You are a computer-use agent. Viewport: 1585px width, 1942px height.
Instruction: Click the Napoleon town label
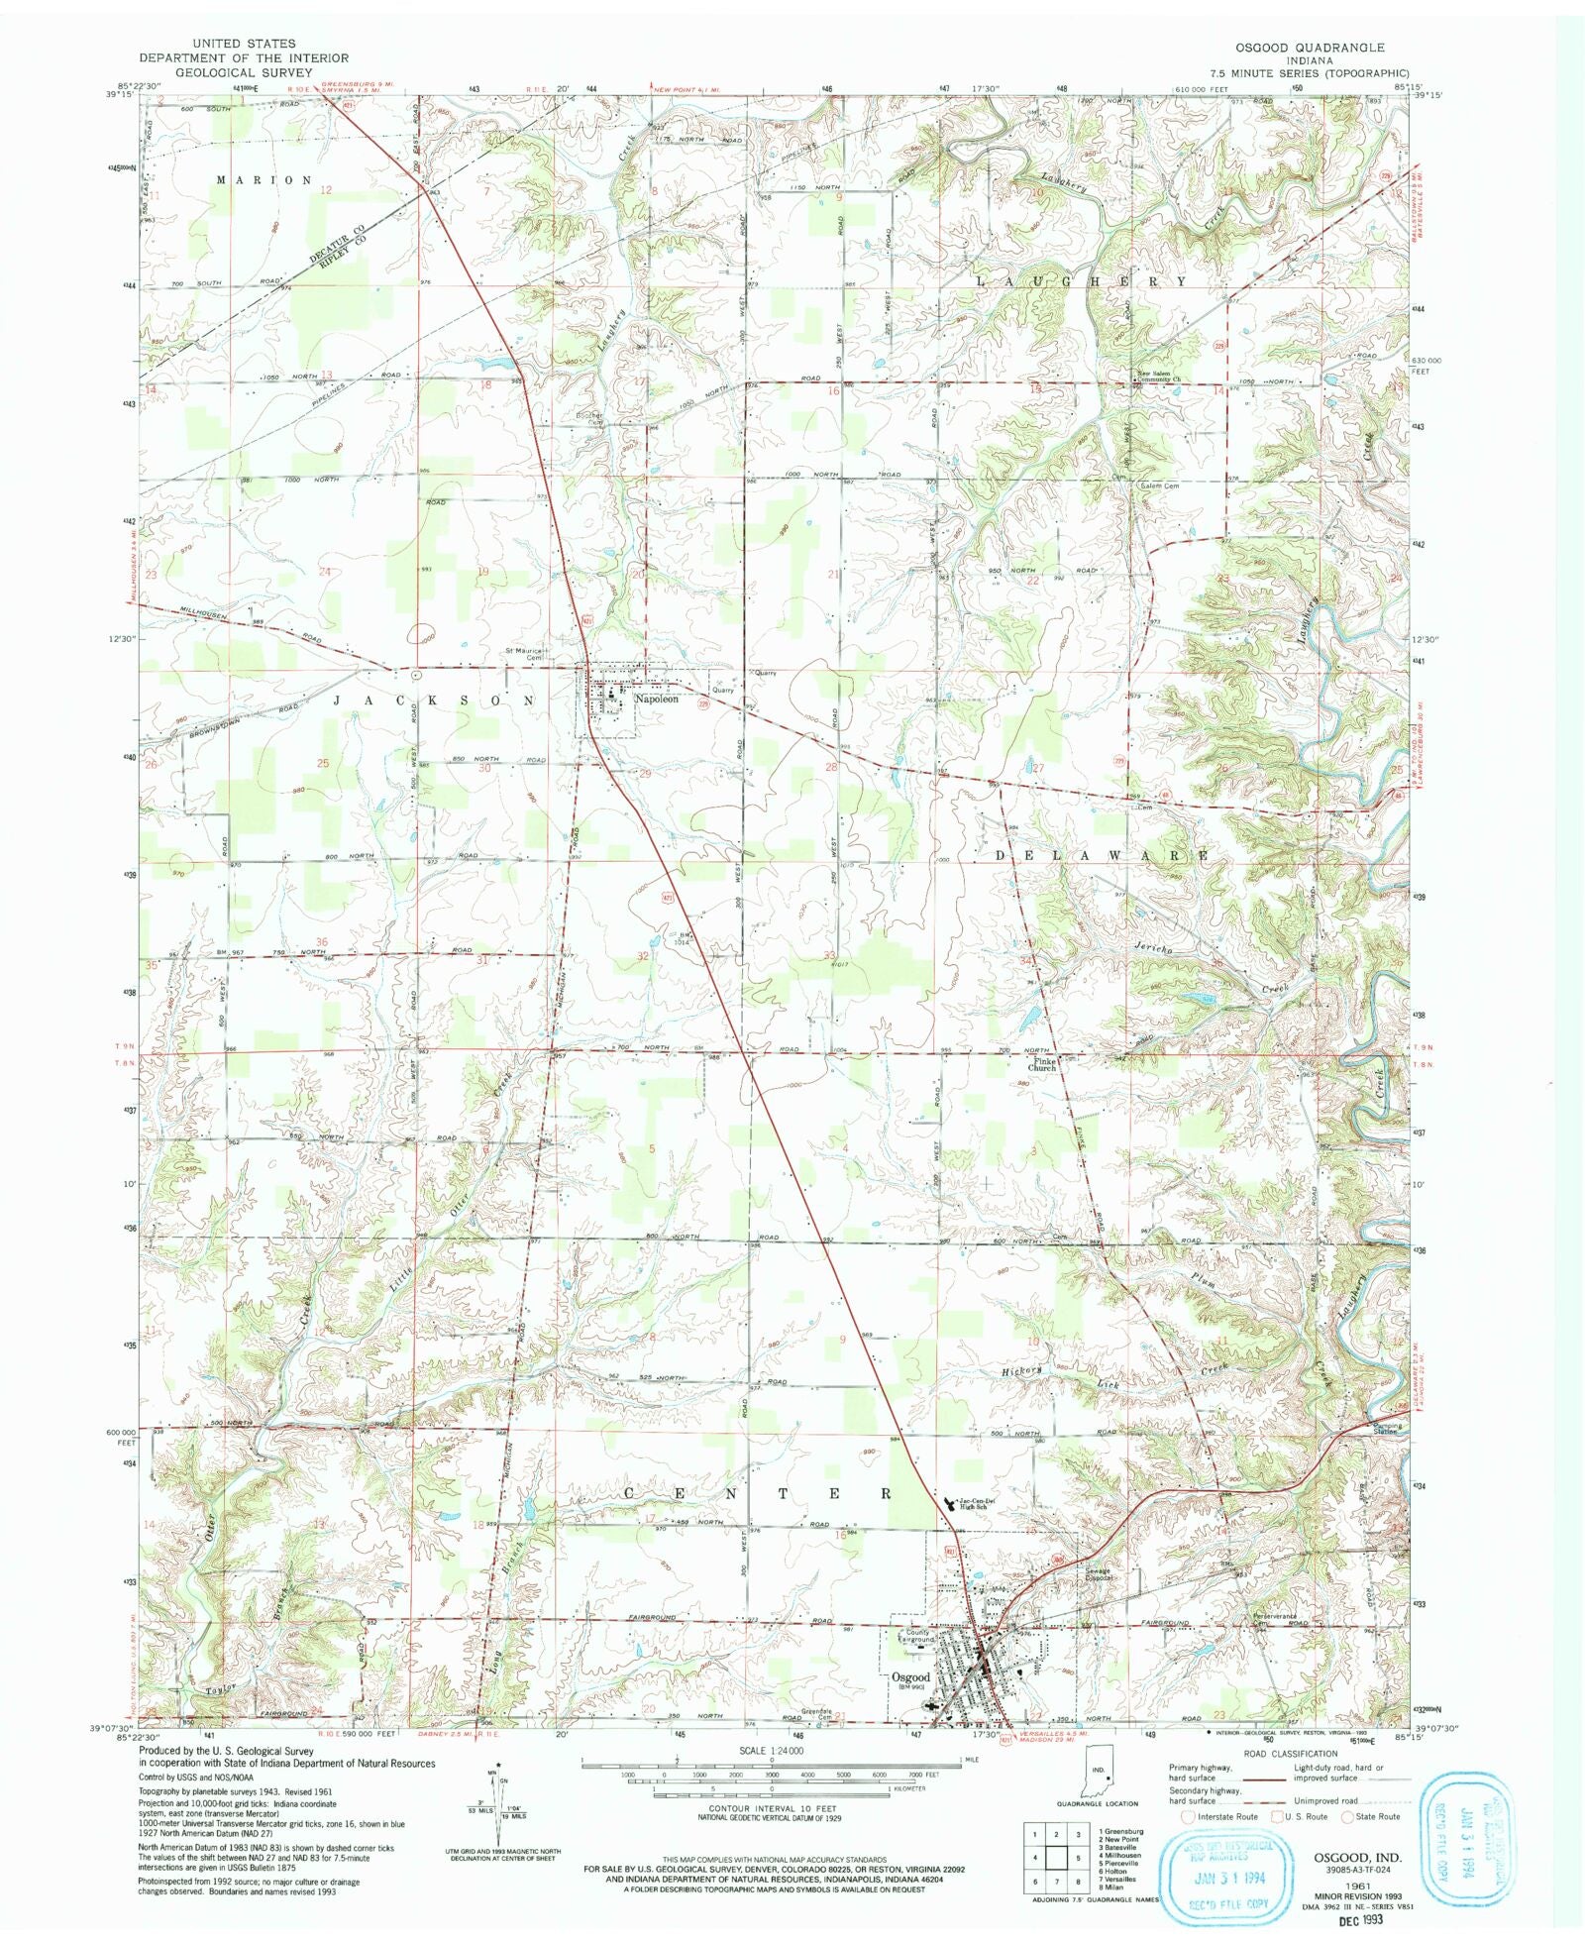tap(657, 700)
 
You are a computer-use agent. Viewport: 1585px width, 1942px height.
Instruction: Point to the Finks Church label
tap(1042, 1064)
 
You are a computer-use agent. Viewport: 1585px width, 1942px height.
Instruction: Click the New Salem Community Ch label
tap(1159, 377)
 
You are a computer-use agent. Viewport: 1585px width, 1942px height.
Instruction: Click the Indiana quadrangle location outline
tap(1107, 1770)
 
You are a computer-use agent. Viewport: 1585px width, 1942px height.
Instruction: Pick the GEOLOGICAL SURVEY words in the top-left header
tap(230, 72)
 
